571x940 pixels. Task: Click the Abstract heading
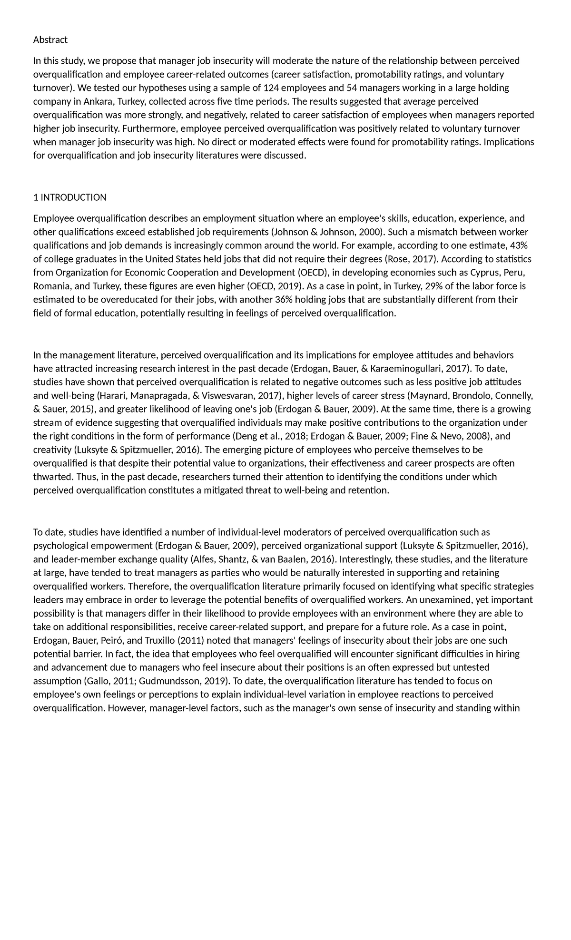coord(50,39)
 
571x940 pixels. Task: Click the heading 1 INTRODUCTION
coord(70,197)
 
